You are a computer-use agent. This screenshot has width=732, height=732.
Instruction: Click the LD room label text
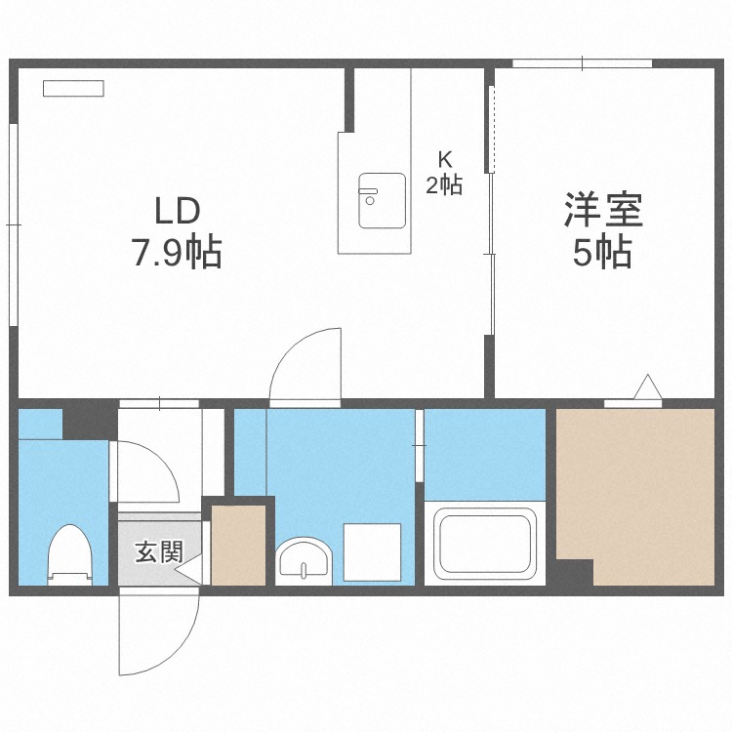tap(176, 210)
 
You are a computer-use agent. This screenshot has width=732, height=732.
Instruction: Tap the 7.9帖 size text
tap(177, 254)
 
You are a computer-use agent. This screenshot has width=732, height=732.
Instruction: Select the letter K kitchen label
tap(444, 159)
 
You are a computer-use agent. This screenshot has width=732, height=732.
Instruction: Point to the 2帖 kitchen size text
tap(444, 184)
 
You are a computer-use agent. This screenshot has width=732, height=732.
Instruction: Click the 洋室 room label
tap(602, 210)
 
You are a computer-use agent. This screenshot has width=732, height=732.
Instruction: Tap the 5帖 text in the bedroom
tap(602, 254)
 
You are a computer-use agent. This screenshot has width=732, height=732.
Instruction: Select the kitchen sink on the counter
tap(382, 200)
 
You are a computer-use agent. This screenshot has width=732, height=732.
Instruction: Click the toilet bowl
tap(69, 553)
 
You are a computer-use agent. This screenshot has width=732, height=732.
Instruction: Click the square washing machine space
tap(372, 552)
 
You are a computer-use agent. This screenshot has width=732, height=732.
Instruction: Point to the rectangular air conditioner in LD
tap(73, 88)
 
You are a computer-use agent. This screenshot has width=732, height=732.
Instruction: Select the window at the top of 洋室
tap(583, 64)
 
